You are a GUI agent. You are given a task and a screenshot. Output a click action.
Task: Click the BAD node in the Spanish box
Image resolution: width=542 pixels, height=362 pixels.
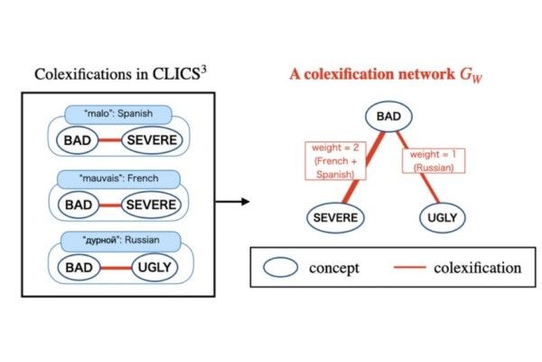[79, 141]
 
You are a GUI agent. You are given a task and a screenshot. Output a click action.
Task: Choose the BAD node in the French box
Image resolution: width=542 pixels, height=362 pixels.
[79, 205]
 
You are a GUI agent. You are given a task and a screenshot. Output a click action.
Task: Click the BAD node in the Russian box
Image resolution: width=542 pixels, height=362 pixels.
[79, 267]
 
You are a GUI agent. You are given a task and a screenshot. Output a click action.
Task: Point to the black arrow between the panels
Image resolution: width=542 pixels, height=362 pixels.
[234, 201]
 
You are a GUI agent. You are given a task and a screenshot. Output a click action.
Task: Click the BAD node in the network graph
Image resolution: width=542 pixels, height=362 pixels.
[389, 118]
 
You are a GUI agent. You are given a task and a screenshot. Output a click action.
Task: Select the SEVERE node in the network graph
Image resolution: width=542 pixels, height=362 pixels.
[334, 217]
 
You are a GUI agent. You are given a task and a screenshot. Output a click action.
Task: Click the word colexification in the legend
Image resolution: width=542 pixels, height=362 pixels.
[477, 268]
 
